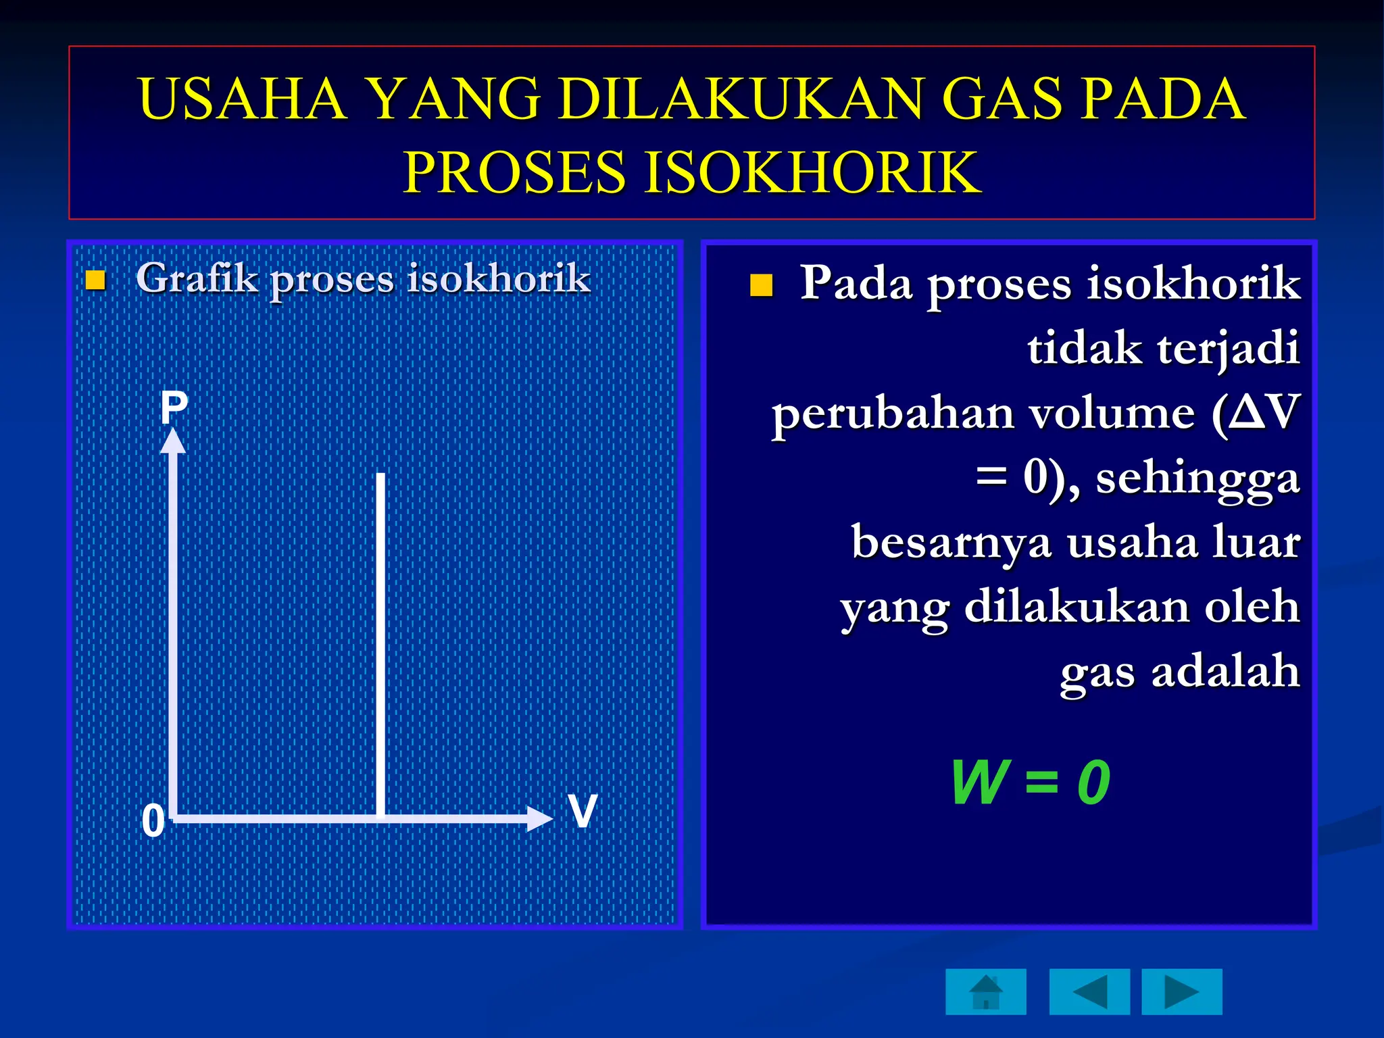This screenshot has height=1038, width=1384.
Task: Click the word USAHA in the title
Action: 242,99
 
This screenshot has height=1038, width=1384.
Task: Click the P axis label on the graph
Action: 174,407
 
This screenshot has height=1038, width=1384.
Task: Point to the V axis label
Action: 583,810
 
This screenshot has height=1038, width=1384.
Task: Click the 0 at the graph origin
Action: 153,821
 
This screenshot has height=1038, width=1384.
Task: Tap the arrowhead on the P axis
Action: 173,441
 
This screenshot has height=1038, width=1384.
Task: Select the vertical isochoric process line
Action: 381,642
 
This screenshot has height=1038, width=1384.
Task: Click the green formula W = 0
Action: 1030,783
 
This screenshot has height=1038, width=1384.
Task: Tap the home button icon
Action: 986,991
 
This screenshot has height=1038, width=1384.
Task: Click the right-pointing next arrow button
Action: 1181,991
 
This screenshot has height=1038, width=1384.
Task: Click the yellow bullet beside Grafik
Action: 96,280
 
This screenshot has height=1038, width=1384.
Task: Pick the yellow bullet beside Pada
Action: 761,285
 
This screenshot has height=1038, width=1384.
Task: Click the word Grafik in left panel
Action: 197,278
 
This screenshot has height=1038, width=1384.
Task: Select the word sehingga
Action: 1197,478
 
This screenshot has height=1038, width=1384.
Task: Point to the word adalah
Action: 1225,672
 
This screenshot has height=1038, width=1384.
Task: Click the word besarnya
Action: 951,543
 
